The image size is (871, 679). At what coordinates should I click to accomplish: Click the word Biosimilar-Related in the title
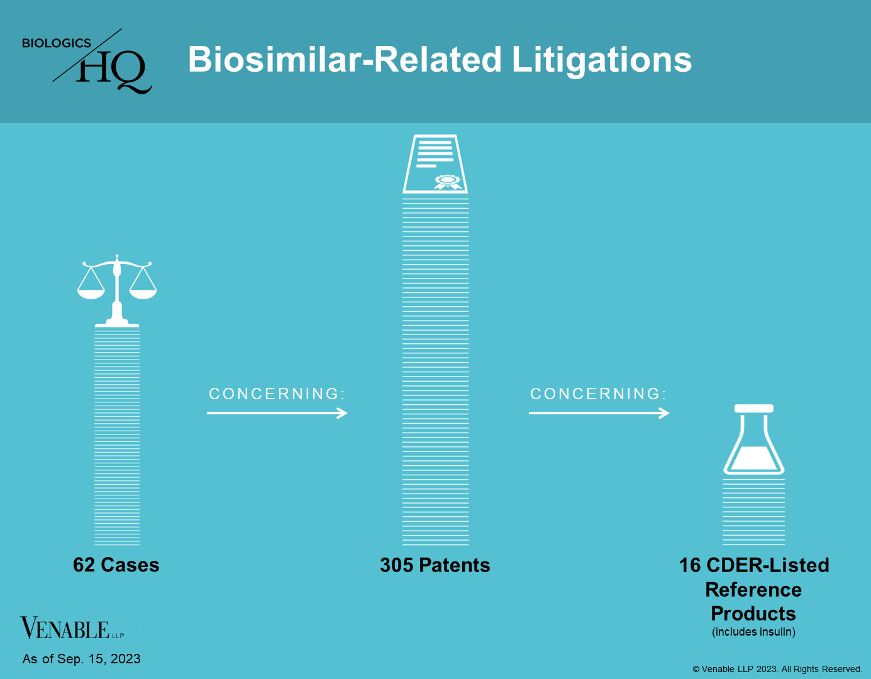(345, 59)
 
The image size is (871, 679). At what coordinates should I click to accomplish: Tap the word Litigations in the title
(602, 61)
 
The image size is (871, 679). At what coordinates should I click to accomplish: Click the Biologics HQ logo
(87, 61)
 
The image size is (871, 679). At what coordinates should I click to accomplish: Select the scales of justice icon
(116, 290)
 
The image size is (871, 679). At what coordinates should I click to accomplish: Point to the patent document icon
(435, 164)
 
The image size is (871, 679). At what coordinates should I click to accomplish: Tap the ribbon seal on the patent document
(447, 182)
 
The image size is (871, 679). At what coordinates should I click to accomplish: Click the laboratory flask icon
(753, 439)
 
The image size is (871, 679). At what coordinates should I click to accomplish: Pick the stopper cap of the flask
(753, 409)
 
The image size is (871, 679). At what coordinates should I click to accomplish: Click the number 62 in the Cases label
(84, 565)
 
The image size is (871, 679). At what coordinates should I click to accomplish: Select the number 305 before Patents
(396, 565)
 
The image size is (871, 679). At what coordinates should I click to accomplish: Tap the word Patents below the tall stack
(455, 565)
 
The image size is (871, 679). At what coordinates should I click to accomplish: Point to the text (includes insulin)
(753, 632)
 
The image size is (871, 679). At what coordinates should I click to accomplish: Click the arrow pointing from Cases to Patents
(277, 413)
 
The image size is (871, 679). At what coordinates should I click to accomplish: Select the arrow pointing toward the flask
(599, 413)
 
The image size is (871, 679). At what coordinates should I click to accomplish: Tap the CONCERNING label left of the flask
(598, 394)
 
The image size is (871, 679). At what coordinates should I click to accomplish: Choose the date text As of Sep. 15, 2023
(81, 659)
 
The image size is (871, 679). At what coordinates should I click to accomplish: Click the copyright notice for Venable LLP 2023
(777, 669)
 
